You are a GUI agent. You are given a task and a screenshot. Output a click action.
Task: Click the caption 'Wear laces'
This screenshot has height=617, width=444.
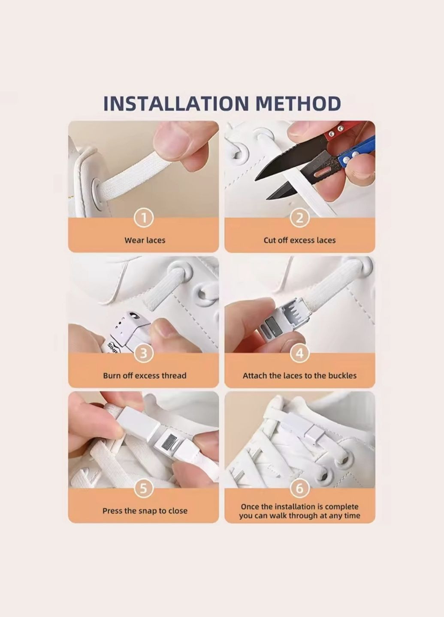(145, 240)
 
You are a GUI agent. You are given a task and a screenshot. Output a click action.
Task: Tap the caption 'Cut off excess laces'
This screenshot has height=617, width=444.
(300, 240)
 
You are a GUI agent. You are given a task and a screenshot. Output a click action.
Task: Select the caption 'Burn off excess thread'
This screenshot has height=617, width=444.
(145, 376)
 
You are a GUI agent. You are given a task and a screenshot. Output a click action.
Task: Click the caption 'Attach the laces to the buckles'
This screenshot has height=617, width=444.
(300, 376)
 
